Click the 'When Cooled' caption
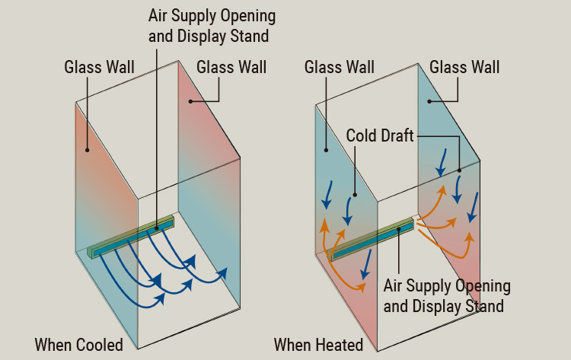(78, 345)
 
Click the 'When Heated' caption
(318, 345)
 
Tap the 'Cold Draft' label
(380, 135)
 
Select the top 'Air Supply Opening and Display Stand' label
(201, 24)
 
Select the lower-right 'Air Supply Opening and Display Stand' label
(446, 296)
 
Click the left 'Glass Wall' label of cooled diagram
(99, 67)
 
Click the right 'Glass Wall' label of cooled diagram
(231, 67)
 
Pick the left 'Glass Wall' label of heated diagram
(339, 67)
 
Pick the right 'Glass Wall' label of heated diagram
(464, 67)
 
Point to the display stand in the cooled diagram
(131, 237)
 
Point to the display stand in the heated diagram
(373, 238)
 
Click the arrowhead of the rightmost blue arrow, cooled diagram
(224, 271)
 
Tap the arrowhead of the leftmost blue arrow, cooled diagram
(160, 298)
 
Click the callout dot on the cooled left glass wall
(87, 150)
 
